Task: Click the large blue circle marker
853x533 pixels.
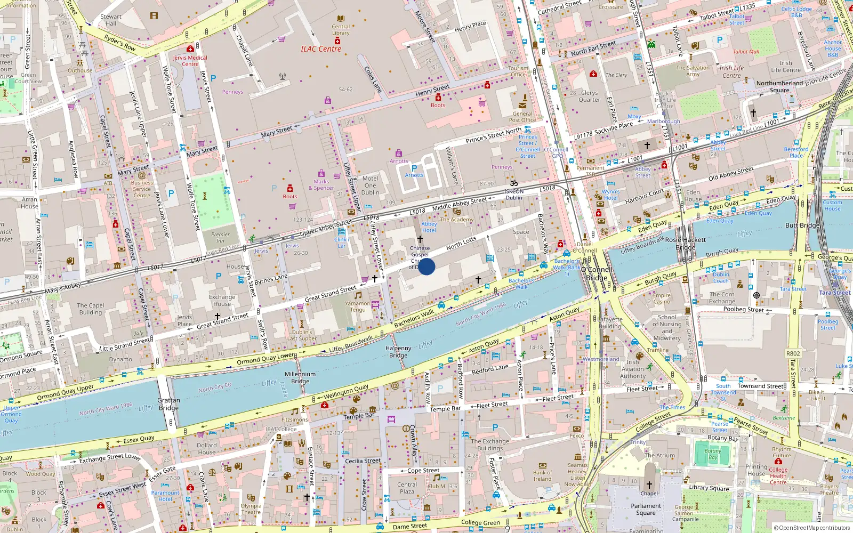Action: [426, 266]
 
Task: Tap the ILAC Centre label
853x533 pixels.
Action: [320, 49]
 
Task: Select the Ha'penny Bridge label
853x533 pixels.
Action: [398, 352]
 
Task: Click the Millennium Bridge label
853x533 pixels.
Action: [300, 378]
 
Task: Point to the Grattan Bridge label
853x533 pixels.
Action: [168, 404]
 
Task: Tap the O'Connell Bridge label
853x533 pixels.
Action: [596, 273]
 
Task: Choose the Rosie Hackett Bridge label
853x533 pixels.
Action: [686, 244]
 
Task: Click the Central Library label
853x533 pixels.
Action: [341, 30]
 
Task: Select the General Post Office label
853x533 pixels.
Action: [522, 117]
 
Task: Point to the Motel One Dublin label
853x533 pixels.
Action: [370, 185]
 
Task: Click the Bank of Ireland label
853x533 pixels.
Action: [542, 475]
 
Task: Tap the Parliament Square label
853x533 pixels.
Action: [646, 510]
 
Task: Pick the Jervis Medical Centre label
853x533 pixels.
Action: [190, 61]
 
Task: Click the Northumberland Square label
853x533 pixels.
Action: [779, 86]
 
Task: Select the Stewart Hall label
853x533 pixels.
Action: [111, 20]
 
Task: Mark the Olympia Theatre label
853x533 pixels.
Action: [251, 509]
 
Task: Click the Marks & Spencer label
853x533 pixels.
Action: [321, 184]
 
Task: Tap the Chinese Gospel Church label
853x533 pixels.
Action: [420, 254]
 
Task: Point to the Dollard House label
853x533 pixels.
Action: [207, 449]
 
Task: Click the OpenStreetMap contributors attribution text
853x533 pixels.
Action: [811, 528]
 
